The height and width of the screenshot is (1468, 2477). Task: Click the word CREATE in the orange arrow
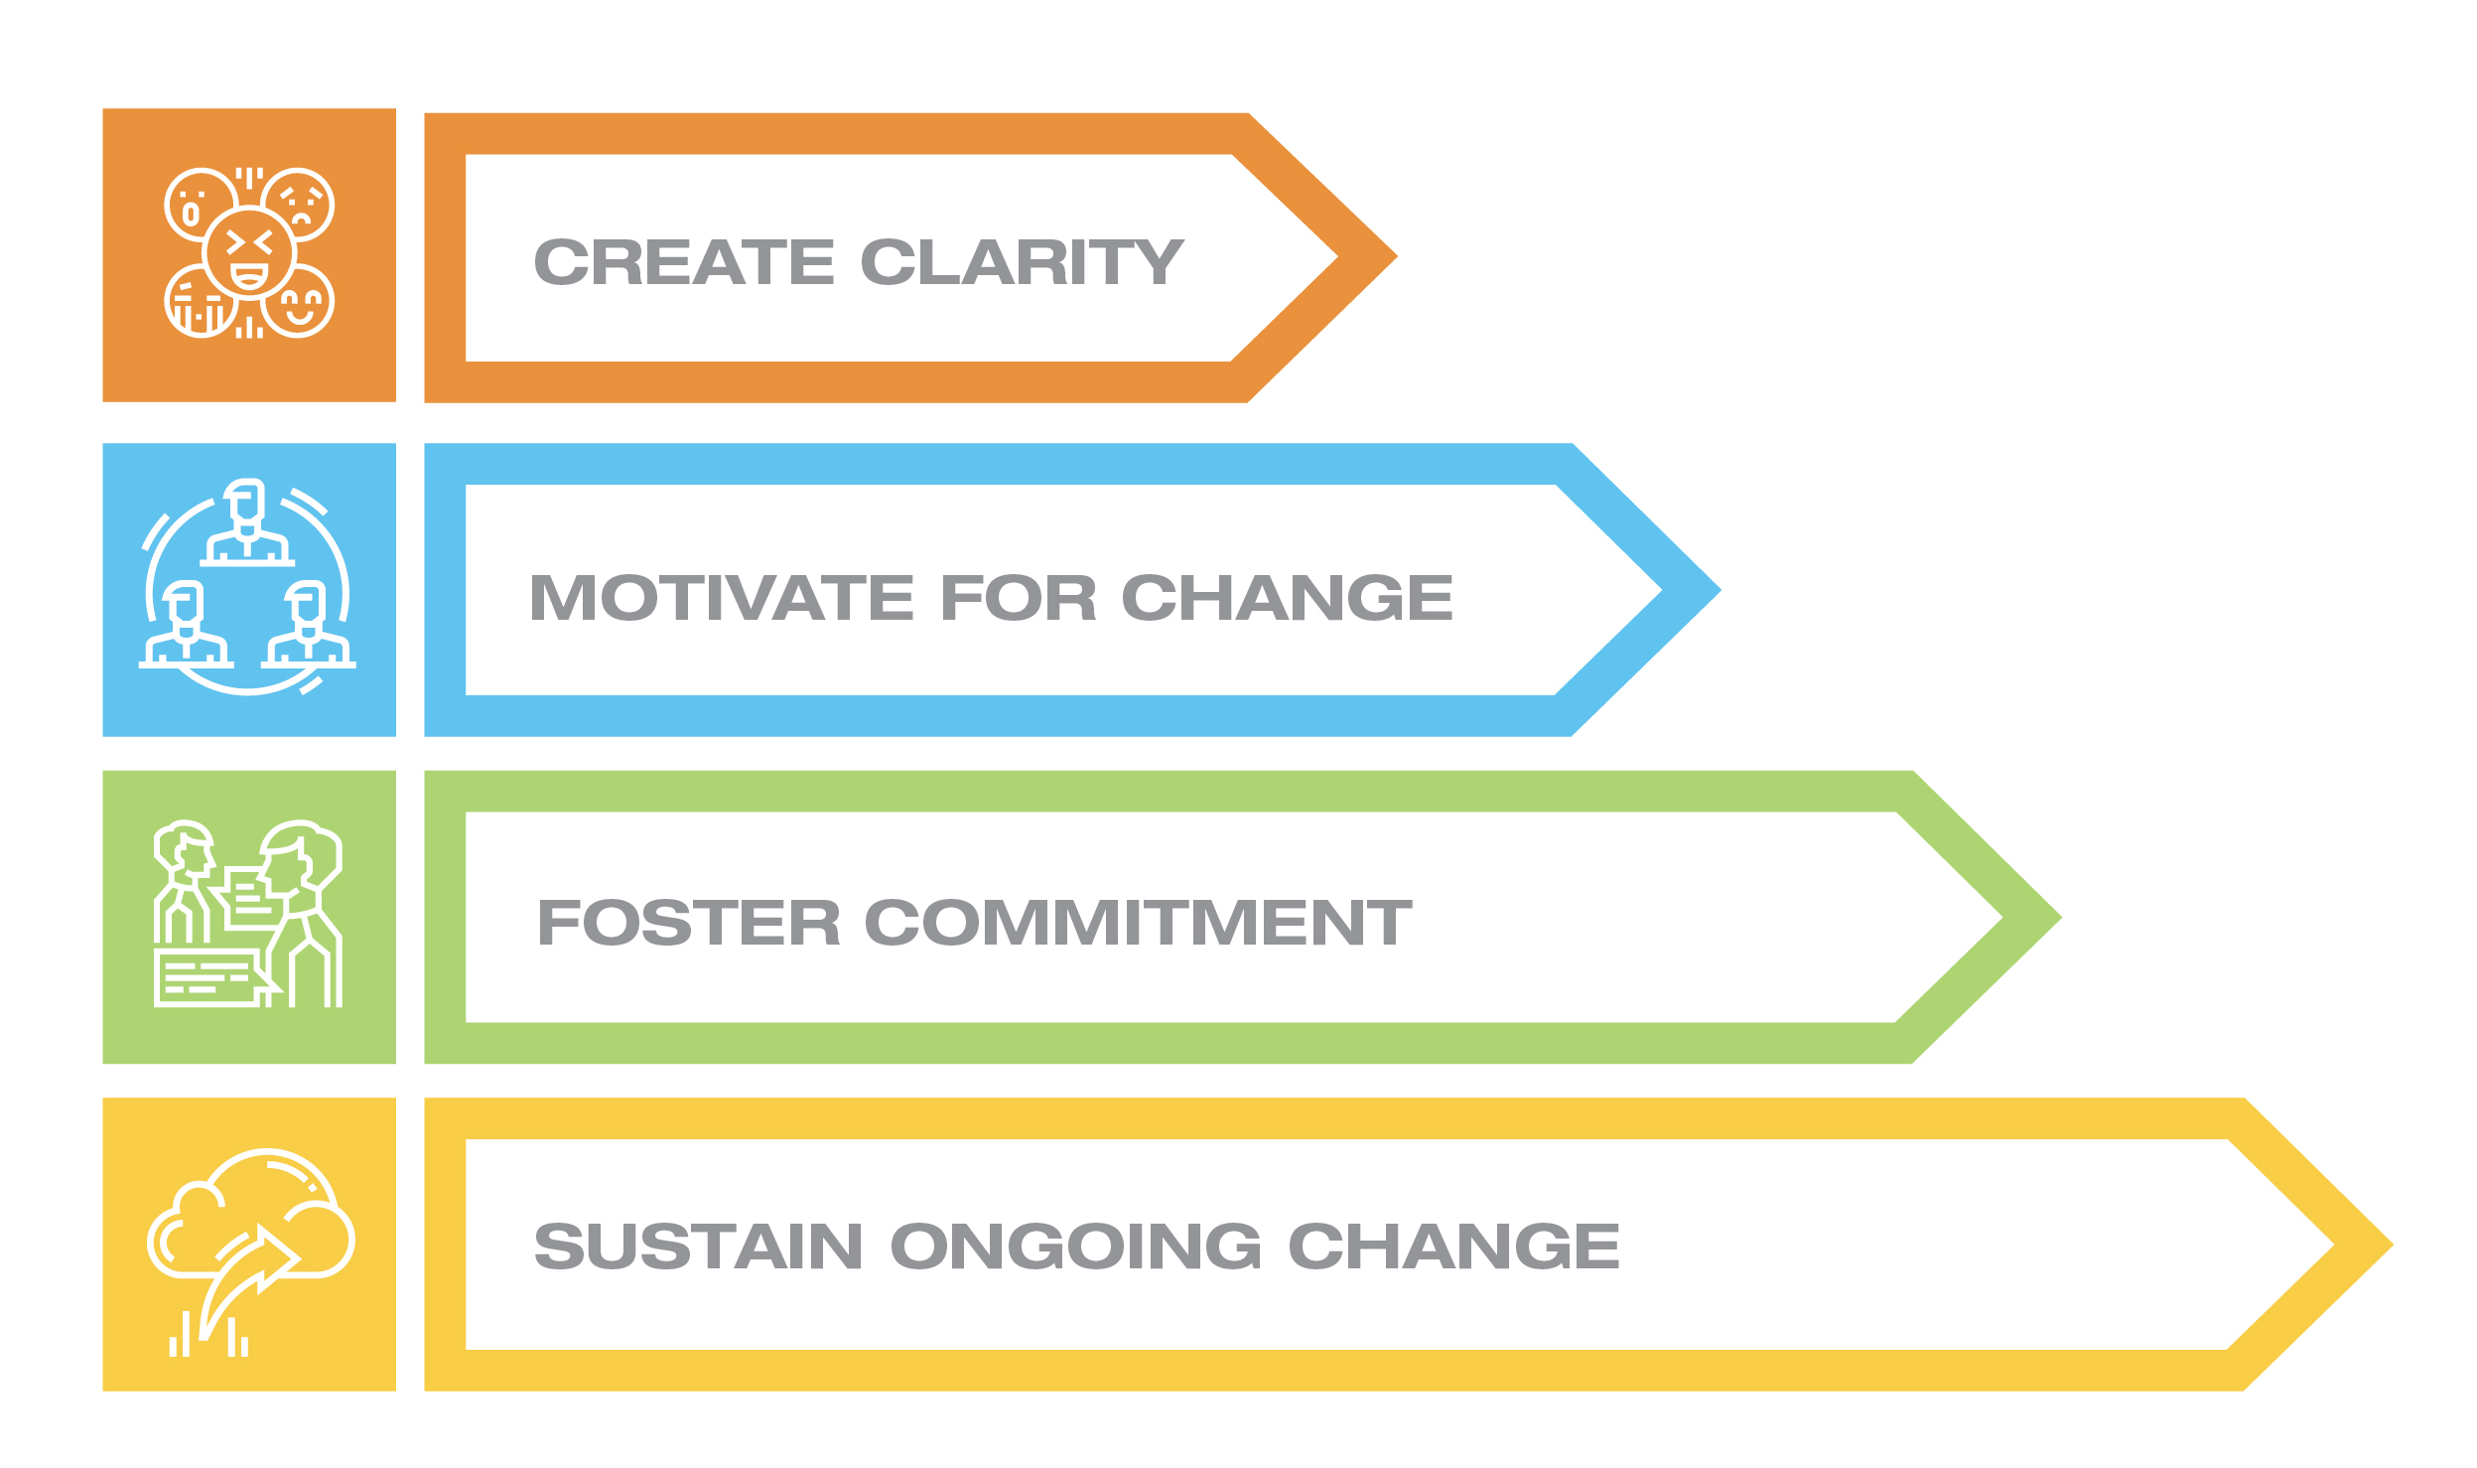click(683, 262)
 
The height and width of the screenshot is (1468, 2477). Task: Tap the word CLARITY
click(1022, 262)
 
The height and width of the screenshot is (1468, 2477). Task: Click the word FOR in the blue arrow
click(1018, 598)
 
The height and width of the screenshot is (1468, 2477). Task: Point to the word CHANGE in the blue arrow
click(1287, 598)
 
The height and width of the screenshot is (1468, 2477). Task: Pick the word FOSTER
click(688, 923)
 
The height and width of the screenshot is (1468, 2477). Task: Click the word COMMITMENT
click(1138, 923)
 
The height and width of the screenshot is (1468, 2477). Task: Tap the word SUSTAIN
click(698, 1247)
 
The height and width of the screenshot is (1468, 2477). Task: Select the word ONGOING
click(1075, 1247)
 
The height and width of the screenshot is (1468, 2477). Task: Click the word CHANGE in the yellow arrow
click(1453, 1247)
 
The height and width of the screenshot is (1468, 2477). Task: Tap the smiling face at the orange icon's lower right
click(299, 302)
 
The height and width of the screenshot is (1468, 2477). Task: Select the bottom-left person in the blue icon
click(186, 626)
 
